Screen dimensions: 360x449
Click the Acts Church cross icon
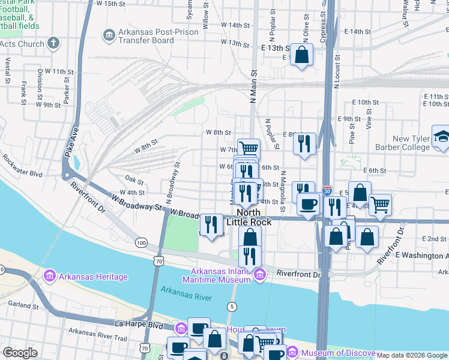coord(54,43)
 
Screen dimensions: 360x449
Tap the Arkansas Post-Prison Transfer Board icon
coord(109,35)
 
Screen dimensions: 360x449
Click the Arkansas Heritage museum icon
coord(49,277)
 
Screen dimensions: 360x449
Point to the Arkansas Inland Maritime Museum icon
coord(259,275)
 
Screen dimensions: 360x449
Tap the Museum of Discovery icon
coord(292,353)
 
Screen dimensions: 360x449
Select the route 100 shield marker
coord(141,242)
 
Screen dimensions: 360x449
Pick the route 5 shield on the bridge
coord(232,307)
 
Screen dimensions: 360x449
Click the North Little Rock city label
coord(249,217)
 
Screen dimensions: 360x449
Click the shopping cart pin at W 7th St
coord(249,148)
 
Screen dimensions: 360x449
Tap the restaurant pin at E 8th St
coord(305,143)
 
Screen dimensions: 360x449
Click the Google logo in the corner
coord(20,352)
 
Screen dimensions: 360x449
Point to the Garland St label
coord(20,304)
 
